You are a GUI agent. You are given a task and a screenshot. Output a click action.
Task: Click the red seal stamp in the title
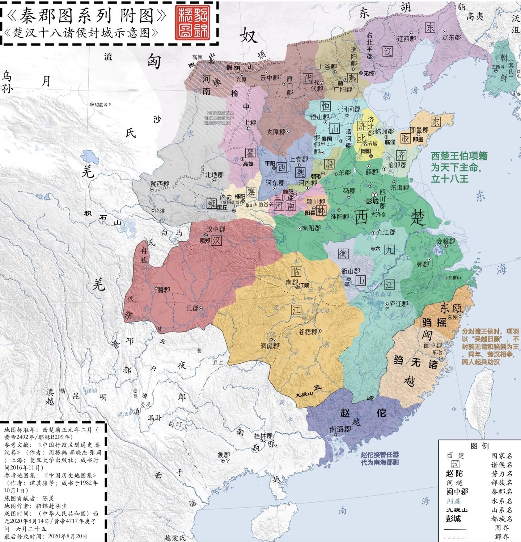(194, 22)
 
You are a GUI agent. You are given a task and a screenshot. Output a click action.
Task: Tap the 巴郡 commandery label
(192, 308)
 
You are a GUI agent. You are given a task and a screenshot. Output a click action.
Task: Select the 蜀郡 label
(164, 289)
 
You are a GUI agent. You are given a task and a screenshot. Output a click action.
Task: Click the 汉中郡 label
(216, 229)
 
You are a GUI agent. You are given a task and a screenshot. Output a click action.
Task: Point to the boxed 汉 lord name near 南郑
(217, 241)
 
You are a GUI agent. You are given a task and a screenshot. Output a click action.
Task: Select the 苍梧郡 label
(308, 332)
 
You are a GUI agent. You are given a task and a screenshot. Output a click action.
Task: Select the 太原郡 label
(276, 132)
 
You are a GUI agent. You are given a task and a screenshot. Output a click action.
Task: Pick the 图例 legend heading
(479, 446)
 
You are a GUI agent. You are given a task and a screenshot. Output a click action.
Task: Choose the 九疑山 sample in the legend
(457, 510)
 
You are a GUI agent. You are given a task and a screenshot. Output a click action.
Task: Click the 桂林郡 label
(263, 436)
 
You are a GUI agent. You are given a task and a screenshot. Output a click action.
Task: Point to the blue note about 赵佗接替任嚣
(380, 458)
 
